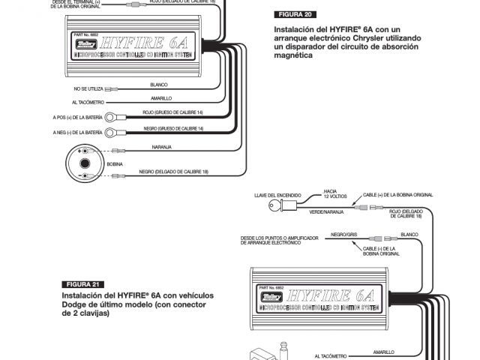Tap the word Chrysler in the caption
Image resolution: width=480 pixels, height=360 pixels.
tap(360, 37)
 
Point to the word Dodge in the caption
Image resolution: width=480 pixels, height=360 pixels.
tap(77, 304)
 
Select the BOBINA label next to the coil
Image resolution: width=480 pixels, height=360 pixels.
tap(115, 163)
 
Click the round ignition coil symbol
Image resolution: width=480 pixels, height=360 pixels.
tap(85, 163)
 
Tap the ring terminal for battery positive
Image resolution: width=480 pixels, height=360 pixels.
tap(109, 117)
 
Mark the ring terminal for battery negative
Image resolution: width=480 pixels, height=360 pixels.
tap(109, 132)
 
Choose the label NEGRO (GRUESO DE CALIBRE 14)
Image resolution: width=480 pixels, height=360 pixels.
tap(172, 128)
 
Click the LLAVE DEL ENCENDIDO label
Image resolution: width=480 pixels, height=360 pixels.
tap(277, 193)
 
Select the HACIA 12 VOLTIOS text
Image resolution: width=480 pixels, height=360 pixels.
tap(331, 194)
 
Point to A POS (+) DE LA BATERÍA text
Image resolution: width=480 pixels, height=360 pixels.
tap(77, 118)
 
